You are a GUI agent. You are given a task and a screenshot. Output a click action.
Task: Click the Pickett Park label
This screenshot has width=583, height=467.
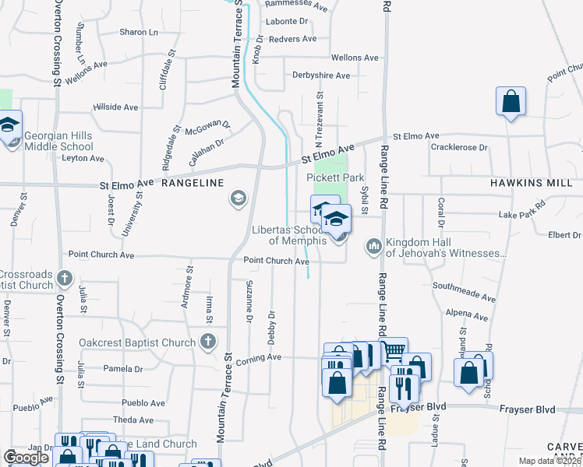point(336,178)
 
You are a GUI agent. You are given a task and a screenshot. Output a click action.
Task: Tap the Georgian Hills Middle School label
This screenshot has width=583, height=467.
point(58,141)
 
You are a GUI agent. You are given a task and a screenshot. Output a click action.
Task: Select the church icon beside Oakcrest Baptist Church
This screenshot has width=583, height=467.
point(207,341)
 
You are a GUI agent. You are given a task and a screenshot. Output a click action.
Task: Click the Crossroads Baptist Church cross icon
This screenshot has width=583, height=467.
point(65,277)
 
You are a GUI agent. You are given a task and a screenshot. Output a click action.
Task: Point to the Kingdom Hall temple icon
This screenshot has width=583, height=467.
point(373,246)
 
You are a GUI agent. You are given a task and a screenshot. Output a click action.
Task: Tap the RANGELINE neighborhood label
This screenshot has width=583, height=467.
point(193,183)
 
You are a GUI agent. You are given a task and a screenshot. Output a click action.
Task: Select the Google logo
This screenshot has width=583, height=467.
point(26,458)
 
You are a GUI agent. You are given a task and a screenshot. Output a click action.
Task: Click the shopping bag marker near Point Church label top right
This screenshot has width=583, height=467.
point(511,101)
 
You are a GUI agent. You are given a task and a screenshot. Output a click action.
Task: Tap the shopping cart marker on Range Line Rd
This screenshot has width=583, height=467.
point(393,351)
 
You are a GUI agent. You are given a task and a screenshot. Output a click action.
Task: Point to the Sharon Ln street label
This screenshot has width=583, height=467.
point(139,32)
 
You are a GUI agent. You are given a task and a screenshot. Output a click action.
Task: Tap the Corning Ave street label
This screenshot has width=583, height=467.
point(259,357)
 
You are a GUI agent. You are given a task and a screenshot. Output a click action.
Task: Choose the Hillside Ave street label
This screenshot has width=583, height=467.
point(115,107)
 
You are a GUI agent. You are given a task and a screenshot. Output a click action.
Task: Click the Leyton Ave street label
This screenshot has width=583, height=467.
point(83,158)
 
